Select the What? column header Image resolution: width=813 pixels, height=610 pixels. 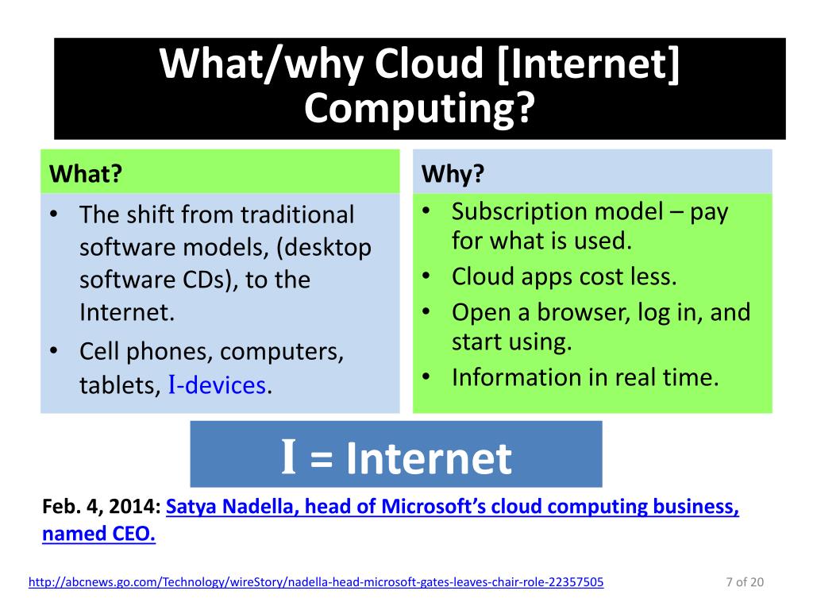pyautogui.click(x=87, y=173)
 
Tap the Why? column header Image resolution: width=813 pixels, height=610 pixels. pyautogui.click(x=453, y=173)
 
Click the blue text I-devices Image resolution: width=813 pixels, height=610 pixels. pyautogui.click(x=217, y=385)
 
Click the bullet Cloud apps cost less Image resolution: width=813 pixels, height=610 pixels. pyautogui.click(x=564, y=276)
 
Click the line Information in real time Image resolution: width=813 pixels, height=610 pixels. pyautogui.click(x=584, y=376)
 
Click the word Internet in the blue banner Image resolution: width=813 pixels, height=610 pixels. pyautogui.click(x=429, y=458)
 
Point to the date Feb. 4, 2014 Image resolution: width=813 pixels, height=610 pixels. pyautogui.click(x=102, y=507)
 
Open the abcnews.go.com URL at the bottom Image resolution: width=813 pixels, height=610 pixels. pyautogui.click(x=315, y=582)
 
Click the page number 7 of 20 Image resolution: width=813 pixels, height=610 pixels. pyautogui.click(x=744, y=582)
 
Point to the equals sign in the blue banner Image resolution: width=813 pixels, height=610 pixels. pyautogui.click(x=322, y=460)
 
